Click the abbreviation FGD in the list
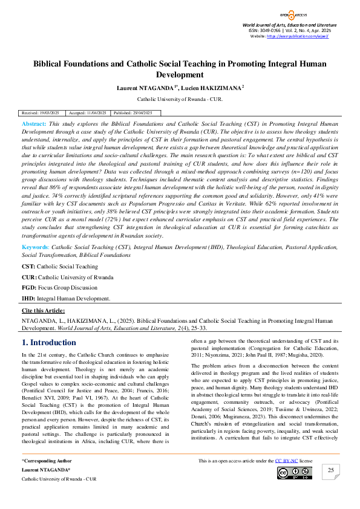pos(28,287)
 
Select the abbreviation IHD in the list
pos(28,298)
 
